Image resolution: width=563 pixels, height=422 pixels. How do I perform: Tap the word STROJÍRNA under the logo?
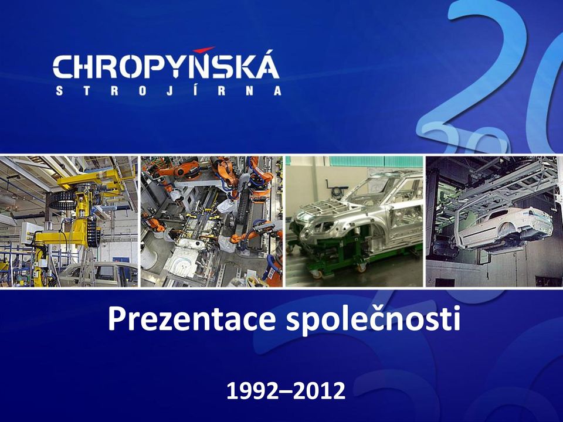(x=168, y=90)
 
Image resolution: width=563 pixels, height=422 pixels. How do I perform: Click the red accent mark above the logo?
(x=204, y=49)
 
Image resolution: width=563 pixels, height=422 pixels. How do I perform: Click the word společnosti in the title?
(x=373, y=319)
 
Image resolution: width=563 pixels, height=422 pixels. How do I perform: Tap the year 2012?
(x=319, y=391)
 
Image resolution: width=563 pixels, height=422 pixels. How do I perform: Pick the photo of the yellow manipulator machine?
(x=69, y=221)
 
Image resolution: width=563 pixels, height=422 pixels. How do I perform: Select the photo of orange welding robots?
(x=212, y=221)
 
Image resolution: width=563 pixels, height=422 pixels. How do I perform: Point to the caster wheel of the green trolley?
(x=317, y=274)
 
